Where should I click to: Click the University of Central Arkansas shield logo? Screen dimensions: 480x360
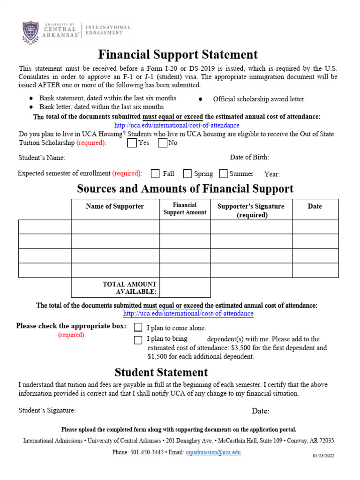tap(31, 31)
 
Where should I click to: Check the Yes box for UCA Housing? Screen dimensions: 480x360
tap(132, 143)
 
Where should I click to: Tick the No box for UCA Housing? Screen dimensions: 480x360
tap(163, 143)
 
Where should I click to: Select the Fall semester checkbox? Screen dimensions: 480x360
tap(156, 174)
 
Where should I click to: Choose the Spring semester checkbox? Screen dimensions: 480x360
tap(187, 174)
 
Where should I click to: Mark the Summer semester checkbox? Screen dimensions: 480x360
tap(223, 174)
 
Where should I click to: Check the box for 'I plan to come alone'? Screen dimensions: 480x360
tap(138, 327)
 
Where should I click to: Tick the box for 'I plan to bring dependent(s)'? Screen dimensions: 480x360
tap(138, 340)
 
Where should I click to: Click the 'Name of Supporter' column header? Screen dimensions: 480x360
tap(115, 206)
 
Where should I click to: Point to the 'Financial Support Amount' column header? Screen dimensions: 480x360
tap(185, 209)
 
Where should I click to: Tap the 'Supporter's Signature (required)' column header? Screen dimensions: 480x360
tap(251, 210)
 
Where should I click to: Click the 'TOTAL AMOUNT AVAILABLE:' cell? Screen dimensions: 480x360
tap(129, 288)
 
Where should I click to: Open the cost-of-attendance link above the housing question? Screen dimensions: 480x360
tap(177, 126)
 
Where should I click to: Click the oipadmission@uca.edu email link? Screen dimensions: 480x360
tap(213, 452)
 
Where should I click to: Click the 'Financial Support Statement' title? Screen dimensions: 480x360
tap(178, 54)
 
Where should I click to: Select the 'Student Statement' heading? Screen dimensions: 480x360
tap(161, 373)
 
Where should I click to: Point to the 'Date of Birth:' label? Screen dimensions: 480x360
tap(249, 157)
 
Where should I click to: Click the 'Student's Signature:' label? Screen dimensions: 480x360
tap(47, 411)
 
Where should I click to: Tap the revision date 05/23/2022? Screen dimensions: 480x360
tap(324, 456)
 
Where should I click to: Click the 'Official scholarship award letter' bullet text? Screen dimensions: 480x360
tap(258, 99)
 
